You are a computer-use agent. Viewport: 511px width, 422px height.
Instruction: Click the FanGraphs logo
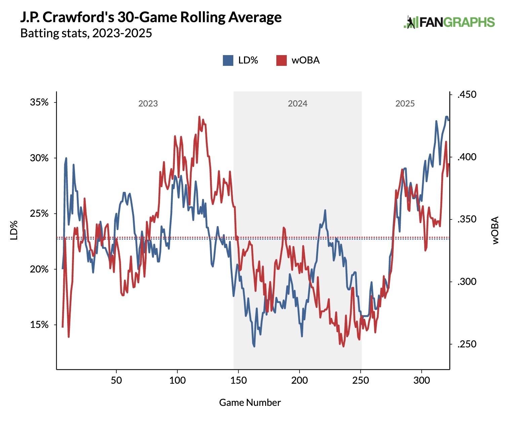click(x=449, y=22)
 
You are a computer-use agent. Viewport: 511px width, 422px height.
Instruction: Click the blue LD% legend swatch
click(x=228, y=60)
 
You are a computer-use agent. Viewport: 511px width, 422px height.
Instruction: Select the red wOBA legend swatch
click(x=281, y=60)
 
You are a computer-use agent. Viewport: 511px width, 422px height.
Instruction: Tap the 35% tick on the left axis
click(x=39, y=102)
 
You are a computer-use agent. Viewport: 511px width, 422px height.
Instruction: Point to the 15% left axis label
click(x=39, y=325)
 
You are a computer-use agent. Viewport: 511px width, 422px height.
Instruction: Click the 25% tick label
click(x=39, y=214)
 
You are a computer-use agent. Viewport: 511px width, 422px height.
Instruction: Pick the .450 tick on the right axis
click(x=467, y=95)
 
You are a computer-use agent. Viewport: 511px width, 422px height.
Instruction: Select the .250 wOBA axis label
click(x=467, y=344)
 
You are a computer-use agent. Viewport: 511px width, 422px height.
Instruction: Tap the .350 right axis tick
click(x=467, y=219)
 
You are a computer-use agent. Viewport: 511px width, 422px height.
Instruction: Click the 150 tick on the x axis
click(x=238, y=381)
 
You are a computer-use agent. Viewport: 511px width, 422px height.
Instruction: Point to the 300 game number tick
click(x=422, y=381)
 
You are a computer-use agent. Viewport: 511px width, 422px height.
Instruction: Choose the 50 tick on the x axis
click(x=116, y=381)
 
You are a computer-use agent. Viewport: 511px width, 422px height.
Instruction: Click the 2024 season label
click(x=298, y=103)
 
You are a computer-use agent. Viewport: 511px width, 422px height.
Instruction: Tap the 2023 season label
click(x=148, y=103)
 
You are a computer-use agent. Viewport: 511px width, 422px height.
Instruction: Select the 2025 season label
click(x=405, y=103)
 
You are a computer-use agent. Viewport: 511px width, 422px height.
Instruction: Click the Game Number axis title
click(x=250, y=403)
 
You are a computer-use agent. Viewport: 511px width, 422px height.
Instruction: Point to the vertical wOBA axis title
click(x=496, y=230)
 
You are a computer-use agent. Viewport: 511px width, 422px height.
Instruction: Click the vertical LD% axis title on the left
click(x=14, y=230)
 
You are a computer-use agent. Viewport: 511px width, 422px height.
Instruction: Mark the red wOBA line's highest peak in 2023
click(x=199, y=117)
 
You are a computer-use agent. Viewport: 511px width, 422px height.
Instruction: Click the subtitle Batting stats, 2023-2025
click(x=86, y=33)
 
